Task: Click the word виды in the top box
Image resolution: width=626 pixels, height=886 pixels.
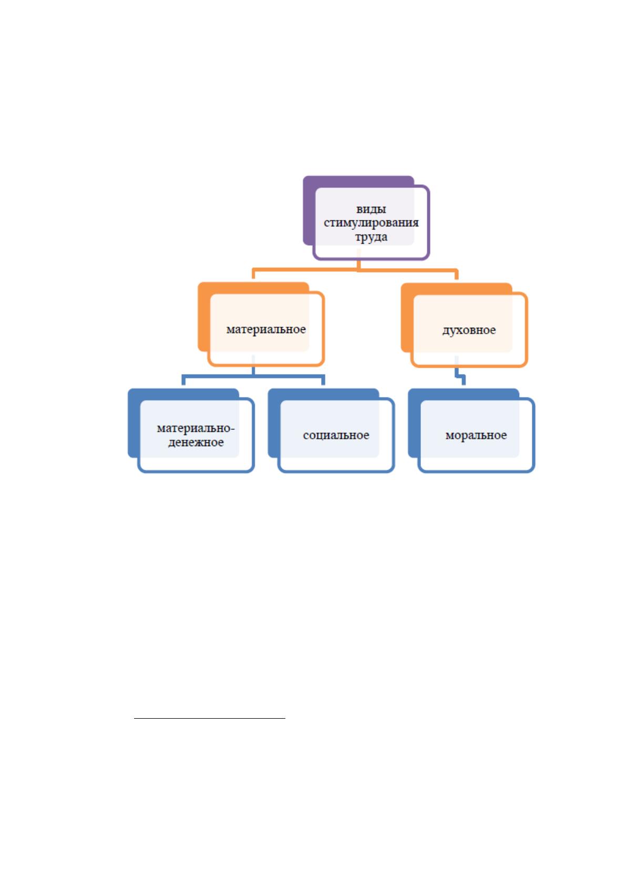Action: click(x=371, y=209)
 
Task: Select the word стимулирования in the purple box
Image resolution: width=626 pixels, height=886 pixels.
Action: click(x=371, y=223)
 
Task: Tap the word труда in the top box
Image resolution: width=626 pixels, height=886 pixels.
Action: click(x=371, y=237)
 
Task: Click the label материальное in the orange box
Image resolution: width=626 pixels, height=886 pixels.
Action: click(x=266, y=329)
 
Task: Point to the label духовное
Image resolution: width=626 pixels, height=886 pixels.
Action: click(x=469, y=330)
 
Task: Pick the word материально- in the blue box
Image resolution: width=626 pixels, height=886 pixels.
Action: click(x=196, y=428)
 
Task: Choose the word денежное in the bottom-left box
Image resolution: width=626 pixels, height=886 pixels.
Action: click(x=196, y=442)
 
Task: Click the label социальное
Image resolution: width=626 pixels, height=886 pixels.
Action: click(x=336, y=435)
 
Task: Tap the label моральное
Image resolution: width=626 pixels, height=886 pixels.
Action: click(x=476, y=435)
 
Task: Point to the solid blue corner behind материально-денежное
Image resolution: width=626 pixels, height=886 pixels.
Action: click(x=134, y=422)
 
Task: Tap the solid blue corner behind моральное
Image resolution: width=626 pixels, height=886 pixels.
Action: click(x=414, y=422)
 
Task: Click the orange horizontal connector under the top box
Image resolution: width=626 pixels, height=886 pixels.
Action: click(x=355, y=270)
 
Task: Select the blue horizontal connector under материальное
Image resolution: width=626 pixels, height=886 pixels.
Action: click(x=253, y=376)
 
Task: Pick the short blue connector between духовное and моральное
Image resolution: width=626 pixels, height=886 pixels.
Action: click(x=459, y=375)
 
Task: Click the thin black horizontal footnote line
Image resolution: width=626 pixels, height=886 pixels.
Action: click(x=210, y=718)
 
